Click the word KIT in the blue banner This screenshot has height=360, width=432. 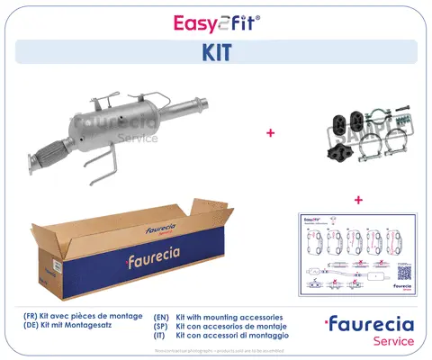(216, 52)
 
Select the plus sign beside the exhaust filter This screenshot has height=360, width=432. (270, 133)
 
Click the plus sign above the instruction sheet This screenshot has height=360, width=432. (358, 199)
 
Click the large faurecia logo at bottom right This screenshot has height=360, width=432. (372, 324)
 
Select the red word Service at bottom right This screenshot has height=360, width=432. (393, 341)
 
